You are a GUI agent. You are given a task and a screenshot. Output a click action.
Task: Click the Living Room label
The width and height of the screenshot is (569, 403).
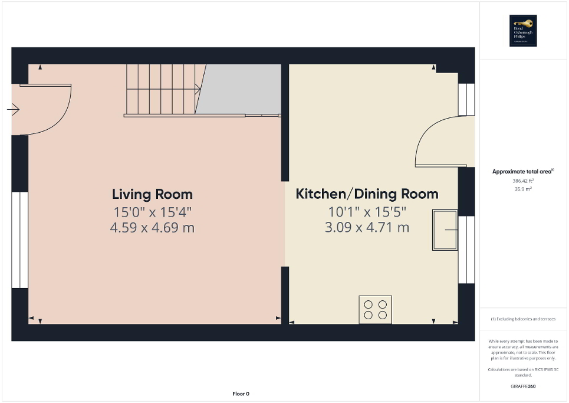[x=152, y=194]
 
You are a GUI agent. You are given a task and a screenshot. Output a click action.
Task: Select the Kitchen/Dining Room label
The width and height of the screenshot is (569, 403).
[x=367, y=194]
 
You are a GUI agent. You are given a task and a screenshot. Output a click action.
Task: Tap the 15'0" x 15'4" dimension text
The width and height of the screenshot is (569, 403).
[x=152, y=211]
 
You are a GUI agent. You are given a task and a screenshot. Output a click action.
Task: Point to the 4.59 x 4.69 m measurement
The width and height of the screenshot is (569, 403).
[x=152, y=227]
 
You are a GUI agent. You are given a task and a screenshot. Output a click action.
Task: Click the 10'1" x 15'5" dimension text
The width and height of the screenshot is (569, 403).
[x=367, y=211]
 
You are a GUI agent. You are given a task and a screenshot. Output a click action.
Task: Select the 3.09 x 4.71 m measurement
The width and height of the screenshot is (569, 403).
[x=367, y=227]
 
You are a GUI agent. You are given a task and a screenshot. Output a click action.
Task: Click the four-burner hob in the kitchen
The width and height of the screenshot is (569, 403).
[x=376, y=310]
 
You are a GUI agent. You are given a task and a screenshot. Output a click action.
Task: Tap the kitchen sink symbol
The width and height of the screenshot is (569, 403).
[x=445, y=230]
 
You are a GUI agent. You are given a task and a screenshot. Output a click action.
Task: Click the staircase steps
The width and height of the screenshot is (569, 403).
[x=162, y=90]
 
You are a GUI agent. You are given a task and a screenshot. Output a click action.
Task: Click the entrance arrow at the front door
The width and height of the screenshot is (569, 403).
[x=14, y=109]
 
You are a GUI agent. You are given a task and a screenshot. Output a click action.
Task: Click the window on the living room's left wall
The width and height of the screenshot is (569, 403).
[x=19, y=240]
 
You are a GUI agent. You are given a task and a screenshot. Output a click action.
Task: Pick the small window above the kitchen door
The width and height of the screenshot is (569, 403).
[x=466, y=99]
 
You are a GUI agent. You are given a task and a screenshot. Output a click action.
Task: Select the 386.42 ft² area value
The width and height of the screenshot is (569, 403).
[x=523, y=181]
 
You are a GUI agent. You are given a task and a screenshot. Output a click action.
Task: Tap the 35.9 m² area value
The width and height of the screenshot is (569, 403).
[x=523, y=189]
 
